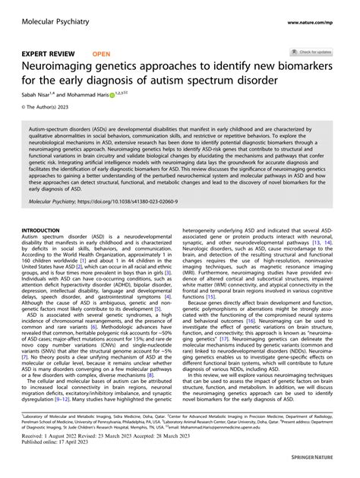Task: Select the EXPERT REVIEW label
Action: click(48, 55)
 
